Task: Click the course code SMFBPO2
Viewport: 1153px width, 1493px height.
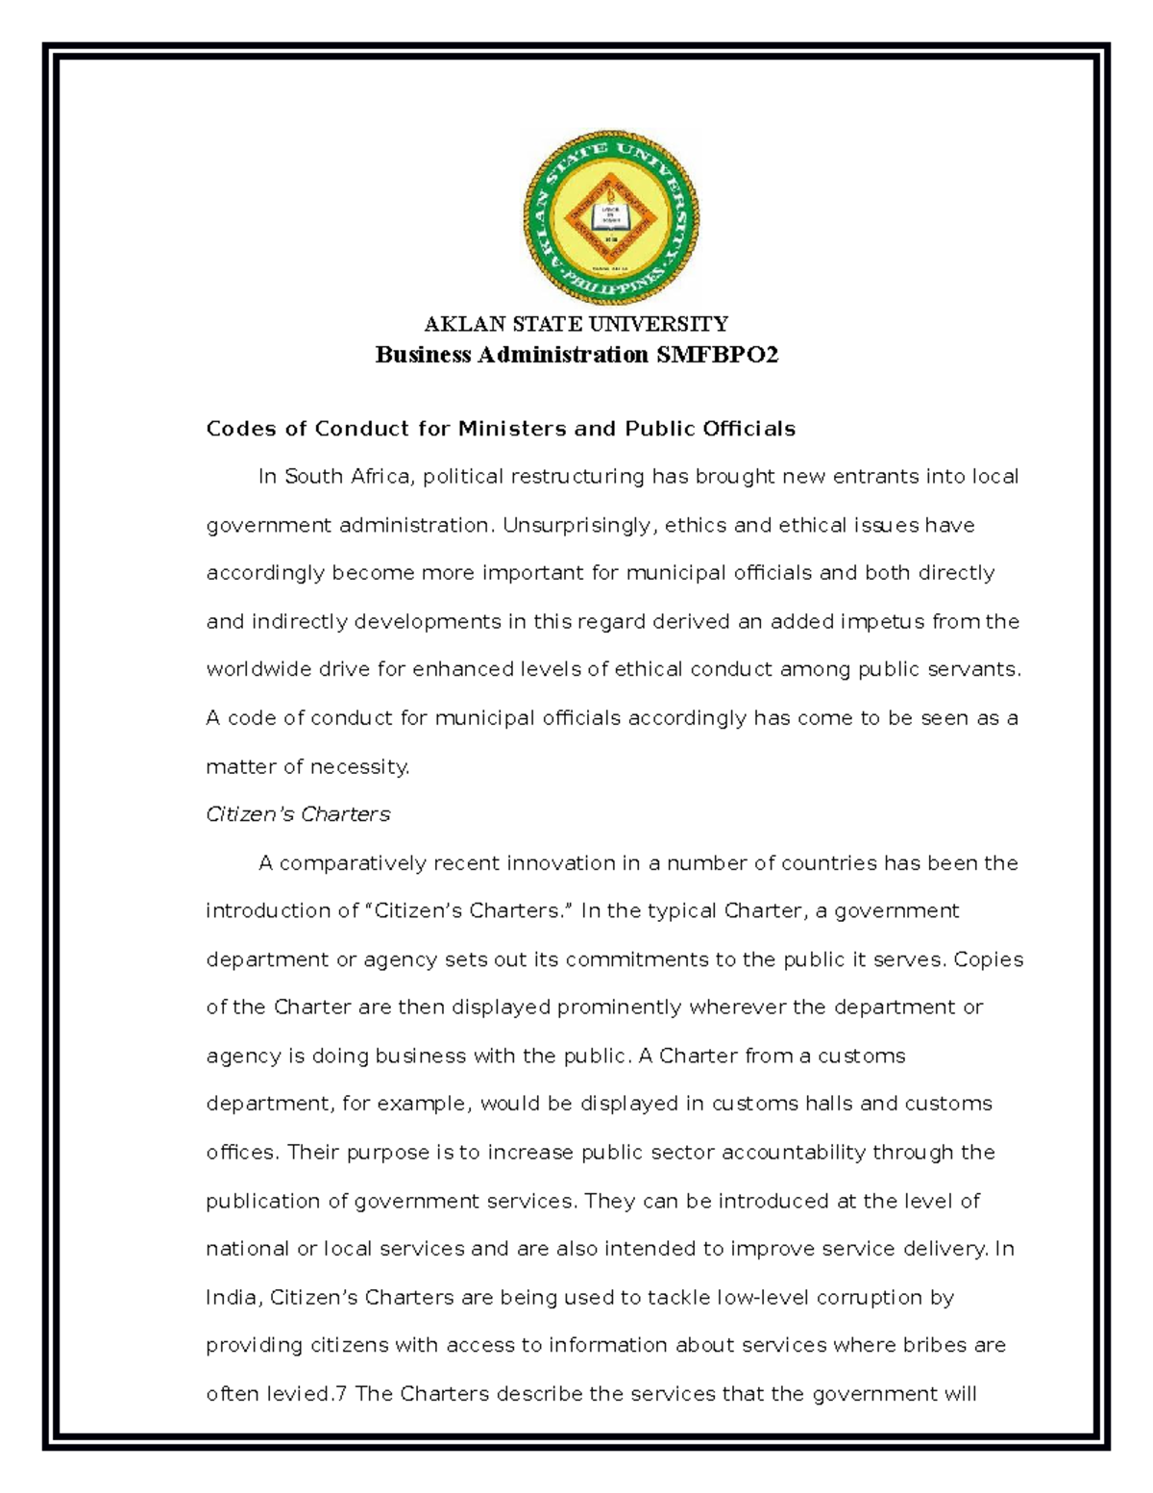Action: pos(717,355)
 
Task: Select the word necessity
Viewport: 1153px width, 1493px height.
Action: pos(359,766)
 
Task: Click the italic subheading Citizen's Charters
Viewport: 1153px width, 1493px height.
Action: pos(298,814)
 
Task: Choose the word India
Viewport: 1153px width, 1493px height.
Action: pos(232,1297)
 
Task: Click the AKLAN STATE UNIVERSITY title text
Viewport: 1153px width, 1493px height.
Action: pos(576,324)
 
